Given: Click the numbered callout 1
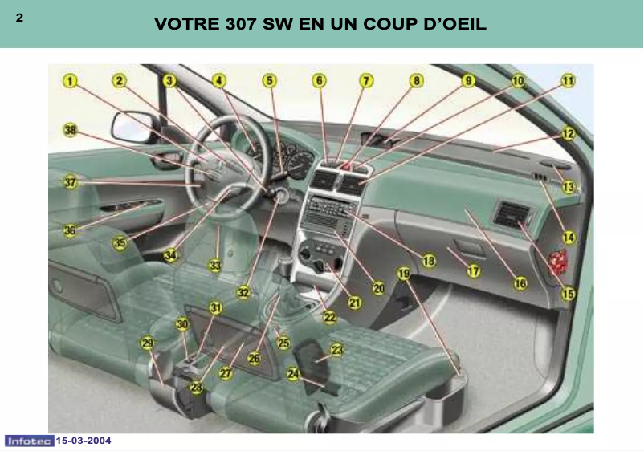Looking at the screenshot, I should pyautogui.click(x=71, y=80).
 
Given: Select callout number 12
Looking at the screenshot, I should pyautogui.click(x=569, y=134).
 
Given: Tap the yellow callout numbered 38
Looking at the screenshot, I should pyautogui.click(x=71, y=130).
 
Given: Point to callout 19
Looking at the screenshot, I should pyautogui.click(x=404, y=274).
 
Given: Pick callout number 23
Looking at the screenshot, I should pyautogui.click(x=336, y=350).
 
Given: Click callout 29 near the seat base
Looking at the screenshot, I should pyautogui.click(x=148, y=343).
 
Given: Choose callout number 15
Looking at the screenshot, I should pyautogui.click(x=569, y=294).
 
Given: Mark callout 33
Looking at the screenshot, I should pyautogui.click(x=214, y=265).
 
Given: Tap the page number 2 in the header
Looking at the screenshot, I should pyautogui.click(x=18, y=18).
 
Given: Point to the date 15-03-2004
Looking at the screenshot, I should pyautogui.click(x=84, y=441).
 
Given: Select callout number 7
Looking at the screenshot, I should pyautogui.click(x=366, y=80).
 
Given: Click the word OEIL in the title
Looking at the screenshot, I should pyautogui.click(x=459, y=25).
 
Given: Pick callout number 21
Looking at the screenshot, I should pyautogui.click(x=354, y=303).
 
